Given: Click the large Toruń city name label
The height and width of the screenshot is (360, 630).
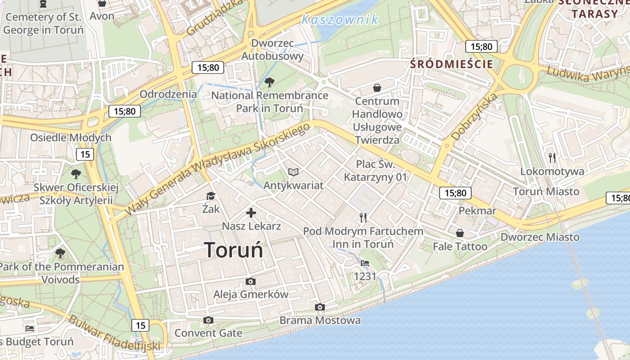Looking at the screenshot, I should click(234, 250).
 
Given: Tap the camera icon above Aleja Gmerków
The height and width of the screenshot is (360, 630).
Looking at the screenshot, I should click(251, 282).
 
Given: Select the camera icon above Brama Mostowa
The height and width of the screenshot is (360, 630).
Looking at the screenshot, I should click(320, 307).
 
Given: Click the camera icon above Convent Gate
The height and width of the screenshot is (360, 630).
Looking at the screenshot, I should click(208, 320).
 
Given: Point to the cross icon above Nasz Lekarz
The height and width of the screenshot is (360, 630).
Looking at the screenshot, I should click(251, 213).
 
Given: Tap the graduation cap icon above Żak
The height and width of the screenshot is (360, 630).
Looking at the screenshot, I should click(211, 196).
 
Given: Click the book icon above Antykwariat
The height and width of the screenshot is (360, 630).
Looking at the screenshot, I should click(293, 172).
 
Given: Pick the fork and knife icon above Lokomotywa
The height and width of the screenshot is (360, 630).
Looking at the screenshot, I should click(553, 158).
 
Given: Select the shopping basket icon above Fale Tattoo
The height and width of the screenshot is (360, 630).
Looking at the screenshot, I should click(460, 233).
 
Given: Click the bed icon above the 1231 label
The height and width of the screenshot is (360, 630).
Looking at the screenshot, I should click(365, 263).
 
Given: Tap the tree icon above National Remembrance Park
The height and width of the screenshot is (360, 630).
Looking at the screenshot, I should click(270, 82).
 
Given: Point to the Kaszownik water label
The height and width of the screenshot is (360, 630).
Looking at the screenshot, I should click(340, 19).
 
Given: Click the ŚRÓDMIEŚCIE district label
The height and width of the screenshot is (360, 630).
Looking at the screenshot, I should click(451, 64).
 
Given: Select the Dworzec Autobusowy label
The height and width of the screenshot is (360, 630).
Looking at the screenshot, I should click(273, 50).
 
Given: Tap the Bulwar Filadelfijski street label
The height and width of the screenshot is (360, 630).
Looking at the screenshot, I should click(114, 333).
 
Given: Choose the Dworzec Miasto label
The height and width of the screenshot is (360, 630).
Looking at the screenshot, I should click(540, 237).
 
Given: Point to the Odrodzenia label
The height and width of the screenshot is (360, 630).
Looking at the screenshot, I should click(168, 94).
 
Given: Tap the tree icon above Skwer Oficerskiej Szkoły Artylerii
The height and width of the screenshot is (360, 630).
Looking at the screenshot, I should click(76, 174).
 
